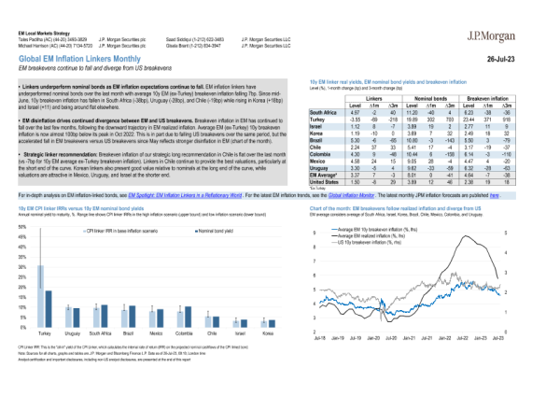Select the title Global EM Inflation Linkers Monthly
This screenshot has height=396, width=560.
coord(88,57)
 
